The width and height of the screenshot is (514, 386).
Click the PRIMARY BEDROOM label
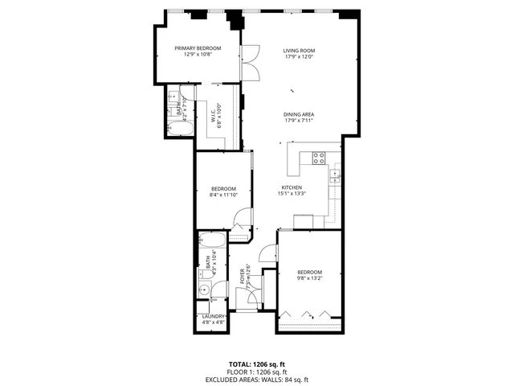point(198,48)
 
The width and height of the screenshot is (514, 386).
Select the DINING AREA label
point(298,114)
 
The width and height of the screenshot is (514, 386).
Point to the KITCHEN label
point(292,187)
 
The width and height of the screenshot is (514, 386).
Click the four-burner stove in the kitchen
point(318,158)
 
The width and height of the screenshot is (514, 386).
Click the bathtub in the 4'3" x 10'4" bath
point(213,240)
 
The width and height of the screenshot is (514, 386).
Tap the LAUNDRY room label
point(214,316)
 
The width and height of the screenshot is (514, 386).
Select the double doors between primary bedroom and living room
point(251,63)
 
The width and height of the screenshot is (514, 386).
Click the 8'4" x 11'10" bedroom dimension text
point(223,195)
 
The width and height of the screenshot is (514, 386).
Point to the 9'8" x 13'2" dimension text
point(309,278)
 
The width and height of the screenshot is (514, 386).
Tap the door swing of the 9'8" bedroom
point(270,252)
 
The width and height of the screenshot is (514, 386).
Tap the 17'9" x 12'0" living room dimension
point(298,55)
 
